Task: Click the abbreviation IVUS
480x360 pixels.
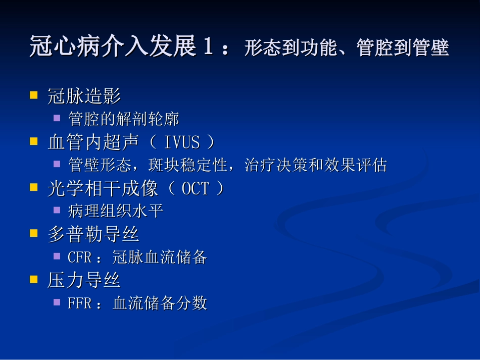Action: point(182,142)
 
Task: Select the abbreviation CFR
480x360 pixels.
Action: point(79,257)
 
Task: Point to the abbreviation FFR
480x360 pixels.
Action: point(79,303)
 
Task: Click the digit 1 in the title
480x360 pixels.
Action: point(207,47)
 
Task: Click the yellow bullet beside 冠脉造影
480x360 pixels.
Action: point(34,94)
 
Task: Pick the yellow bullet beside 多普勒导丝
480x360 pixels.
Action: point(34,233)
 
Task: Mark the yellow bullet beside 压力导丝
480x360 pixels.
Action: point(34,279)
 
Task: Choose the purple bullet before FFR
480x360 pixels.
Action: point(58,301)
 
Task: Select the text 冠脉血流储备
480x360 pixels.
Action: point(160,257)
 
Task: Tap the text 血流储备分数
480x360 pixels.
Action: point(160,303)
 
